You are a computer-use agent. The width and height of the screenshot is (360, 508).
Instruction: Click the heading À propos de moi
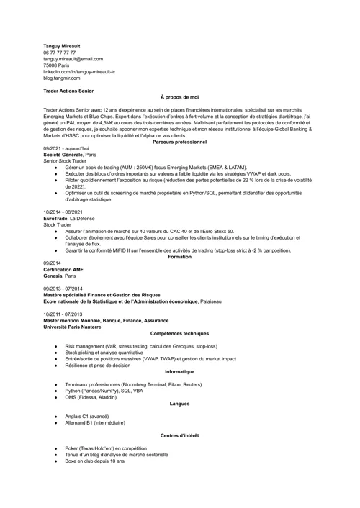[179, 97]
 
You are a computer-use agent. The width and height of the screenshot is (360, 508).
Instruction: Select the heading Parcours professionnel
[179, 142]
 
